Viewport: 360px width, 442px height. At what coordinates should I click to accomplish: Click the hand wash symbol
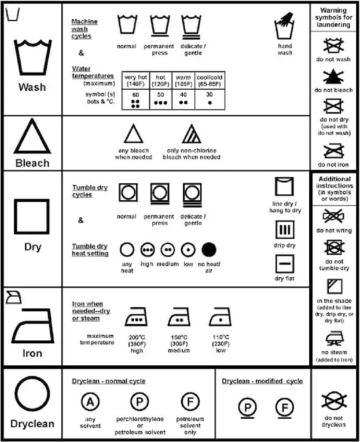click(284, 26)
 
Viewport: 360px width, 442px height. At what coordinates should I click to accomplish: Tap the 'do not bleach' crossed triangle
click(333, 76)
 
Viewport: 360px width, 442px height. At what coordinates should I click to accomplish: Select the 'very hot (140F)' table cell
click(136, 80)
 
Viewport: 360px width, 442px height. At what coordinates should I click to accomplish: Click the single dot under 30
click(210, 103)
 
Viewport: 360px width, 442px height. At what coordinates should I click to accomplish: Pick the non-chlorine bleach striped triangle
click(191, 134)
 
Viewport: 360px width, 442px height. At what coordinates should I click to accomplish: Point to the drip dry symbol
click(285, 230)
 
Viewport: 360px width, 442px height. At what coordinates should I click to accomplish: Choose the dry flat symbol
click(285, 264)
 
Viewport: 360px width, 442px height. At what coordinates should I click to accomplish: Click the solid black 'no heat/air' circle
click(209, 250)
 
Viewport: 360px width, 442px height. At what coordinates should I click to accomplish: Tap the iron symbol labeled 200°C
click(136, 317)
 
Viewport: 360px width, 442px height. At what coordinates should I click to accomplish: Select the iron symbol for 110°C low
click(220, 317)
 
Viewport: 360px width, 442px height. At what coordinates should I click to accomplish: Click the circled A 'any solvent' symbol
click(90, 402)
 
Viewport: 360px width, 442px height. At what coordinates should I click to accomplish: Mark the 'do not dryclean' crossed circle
click(334, 401)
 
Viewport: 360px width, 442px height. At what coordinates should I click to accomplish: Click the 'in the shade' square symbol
click(335, 287)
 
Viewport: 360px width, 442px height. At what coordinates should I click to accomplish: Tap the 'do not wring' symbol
click(333, 216)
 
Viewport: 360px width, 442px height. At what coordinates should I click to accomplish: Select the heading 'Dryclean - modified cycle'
click(262, 381)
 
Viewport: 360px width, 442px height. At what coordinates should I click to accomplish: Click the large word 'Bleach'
click(33, 163)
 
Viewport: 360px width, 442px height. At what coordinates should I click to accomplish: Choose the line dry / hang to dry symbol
click(285, 186)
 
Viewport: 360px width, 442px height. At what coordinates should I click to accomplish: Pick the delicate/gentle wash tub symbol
click(191, 27)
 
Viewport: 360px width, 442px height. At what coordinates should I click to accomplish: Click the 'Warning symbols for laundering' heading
click(333, 17)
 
